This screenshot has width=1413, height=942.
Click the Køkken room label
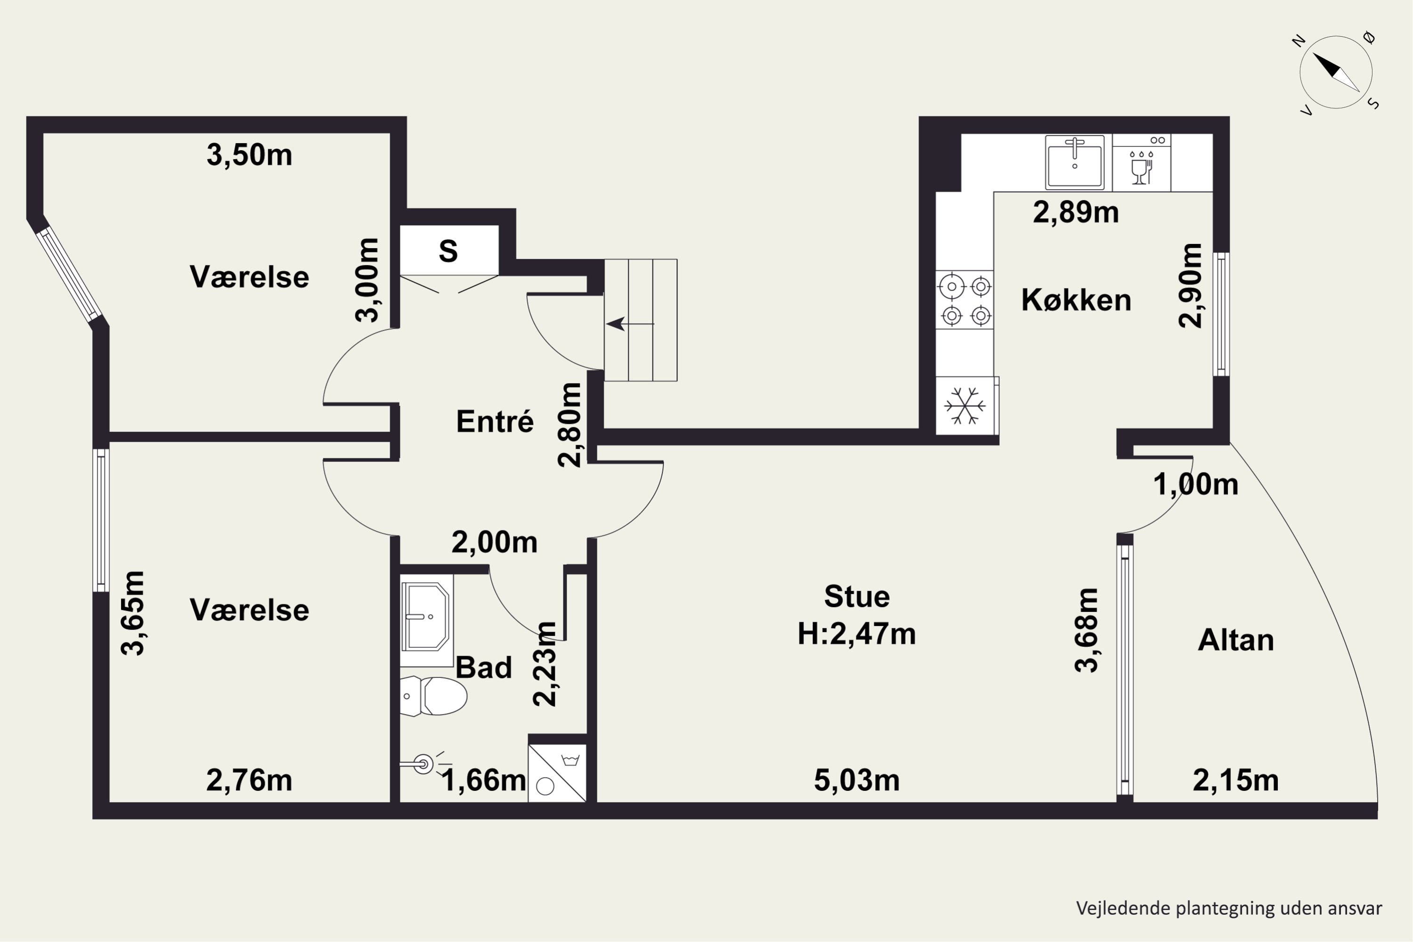(x=1076, y=300)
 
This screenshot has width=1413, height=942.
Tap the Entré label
(x=495, y=421)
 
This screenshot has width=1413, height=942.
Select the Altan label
(x=1236, y=640)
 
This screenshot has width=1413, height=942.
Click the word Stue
(x=857, y=597)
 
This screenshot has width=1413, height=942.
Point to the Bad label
(x=484, y=667)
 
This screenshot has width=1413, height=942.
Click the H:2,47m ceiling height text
(x=857, y=634)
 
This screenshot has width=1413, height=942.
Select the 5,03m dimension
(x=857, y=780)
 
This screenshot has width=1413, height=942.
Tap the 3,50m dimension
(x=249, y=155)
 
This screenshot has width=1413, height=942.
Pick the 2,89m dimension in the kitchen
(x=1076, y=212)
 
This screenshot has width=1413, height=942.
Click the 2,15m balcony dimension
(x=1236, y=780)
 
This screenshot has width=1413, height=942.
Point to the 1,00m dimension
(x=1195, y=484)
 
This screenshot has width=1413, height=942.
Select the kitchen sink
(x=1075, y=162)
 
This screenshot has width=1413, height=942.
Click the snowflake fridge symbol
(x=965, y=406)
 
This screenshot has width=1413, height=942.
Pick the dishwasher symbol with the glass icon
(x=1141, y=163)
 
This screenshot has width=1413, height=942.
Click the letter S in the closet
(x=448, y=251)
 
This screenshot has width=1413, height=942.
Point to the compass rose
(x=1336, y=73)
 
